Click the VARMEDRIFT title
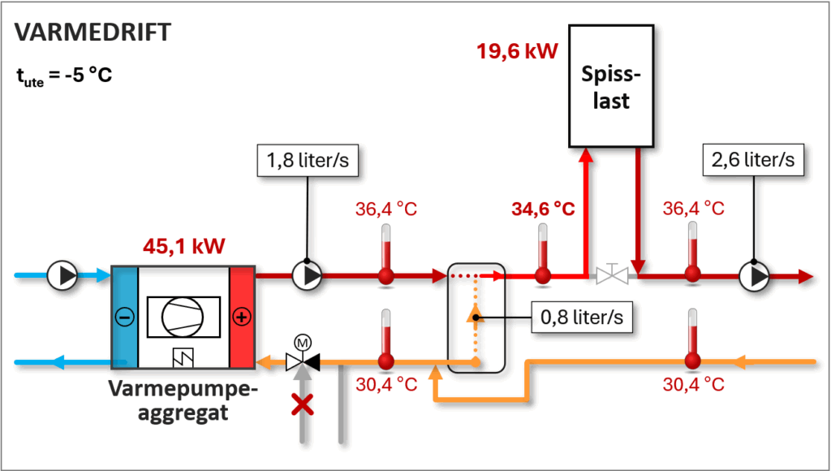pos(93,32)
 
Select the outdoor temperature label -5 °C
pos(64,76)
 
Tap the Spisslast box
pos(611,85)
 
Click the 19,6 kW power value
pos(518,53)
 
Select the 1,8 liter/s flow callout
pos(308,161)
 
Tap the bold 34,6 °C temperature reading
pos(543,209)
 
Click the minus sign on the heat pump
pos(124,318)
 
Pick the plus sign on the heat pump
pos(241,318)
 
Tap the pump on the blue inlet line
pos(62,276)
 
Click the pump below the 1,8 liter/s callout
pos(308,276)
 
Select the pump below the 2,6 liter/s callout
pos(754,276)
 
